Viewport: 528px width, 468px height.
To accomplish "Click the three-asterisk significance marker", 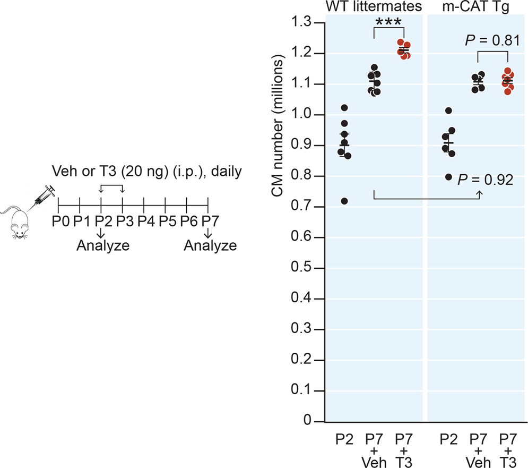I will [x=388, y=24].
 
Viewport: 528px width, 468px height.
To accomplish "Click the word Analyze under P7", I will [x=210, y=245].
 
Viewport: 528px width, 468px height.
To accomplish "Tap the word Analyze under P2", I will [x=102, y=245].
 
